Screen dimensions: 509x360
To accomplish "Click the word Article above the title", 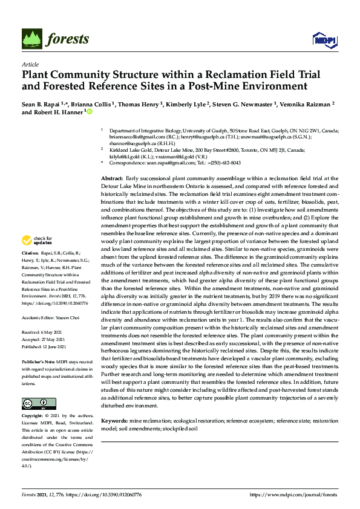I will [30, 65].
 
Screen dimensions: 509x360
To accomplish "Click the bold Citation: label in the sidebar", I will [31, 287].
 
